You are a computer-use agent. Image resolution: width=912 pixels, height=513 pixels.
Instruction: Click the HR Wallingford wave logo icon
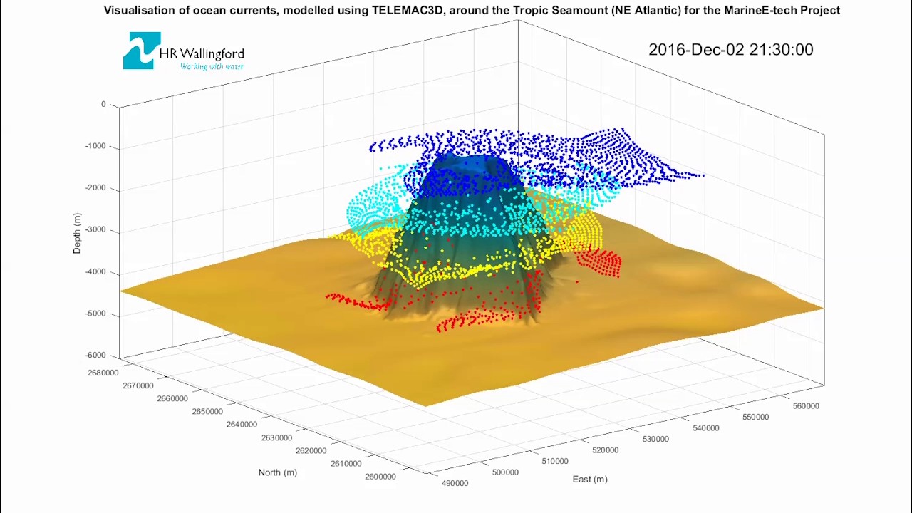[x=141, y=51]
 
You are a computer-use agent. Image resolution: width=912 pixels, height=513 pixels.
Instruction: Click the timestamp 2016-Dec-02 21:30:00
[x=730, y=50]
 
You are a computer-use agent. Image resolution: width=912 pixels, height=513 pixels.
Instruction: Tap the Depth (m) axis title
[x=77, y=234]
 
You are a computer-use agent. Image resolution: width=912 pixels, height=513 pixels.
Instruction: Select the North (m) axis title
[x=277, y=472]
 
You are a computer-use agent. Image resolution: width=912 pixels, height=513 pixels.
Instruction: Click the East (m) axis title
[x=590, y=479]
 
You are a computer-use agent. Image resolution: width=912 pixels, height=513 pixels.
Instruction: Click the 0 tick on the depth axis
[x=103, y=104]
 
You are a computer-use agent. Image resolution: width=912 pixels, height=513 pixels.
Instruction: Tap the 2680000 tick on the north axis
[x=103, y=373]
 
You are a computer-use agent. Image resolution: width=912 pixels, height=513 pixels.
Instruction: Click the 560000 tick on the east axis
[x=805, y=406]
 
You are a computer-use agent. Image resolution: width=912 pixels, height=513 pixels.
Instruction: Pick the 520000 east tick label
[x=605, y=450]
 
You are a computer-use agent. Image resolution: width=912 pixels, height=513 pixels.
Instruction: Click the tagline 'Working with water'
[x=212, y=66]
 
